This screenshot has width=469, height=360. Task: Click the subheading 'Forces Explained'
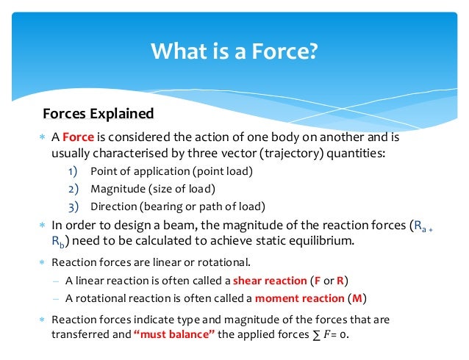pos(98,114)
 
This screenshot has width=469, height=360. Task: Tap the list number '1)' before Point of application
pos(74,171)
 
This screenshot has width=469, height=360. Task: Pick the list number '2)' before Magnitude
pos(74,188)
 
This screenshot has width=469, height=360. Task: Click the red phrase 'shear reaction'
pos(270,280)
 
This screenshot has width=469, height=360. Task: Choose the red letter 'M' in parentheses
pos(355,298)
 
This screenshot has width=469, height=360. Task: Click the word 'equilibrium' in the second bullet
pos(326,242)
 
